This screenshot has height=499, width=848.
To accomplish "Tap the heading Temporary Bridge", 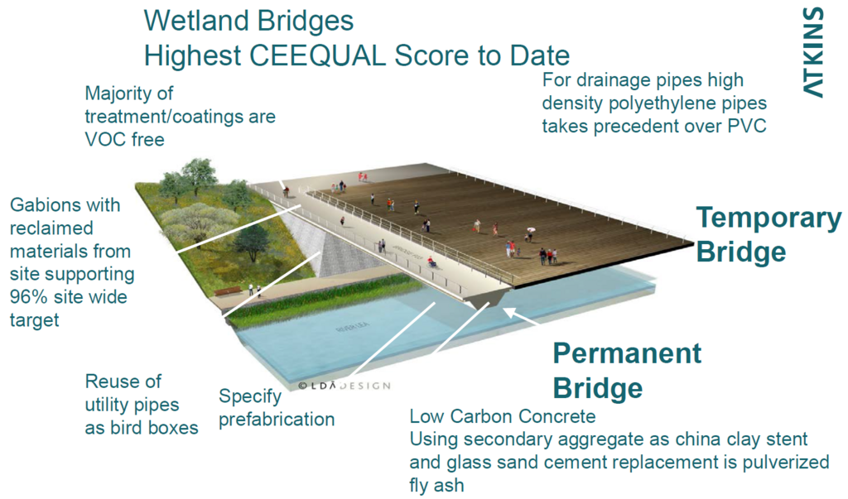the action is pos(768,235).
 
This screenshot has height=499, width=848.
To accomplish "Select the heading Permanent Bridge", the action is pos(627,371).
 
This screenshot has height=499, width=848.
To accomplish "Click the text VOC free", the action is pos(124,140).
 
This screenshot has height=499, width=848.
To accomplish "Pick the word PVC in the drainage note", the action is pos(747,126).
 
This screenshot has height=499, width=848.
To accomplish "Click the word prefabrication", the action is pos(277,420).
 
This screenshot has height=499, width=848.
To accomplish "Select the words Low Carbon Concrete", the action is pos(503,416).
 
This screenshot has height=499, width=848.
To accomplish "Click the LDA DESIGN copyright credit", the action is pos(344,386).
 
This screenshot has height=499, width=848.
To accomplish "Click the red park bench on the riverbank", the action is pos(228,290).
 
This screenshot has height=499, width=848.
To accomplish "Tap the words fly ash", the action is pos(436,485).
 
